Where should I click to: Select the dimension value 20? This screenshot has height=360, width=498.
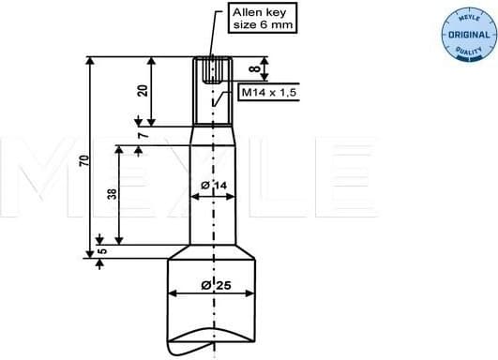143,91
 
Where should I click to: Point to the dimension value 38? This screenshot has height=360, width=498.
112,195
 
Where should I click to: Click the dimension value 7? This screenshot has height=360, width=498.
143,137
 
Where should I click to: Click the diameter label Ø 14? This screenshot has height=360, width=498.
215,186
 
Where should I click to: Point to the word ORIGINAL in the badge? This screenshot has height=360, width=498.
466,34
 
